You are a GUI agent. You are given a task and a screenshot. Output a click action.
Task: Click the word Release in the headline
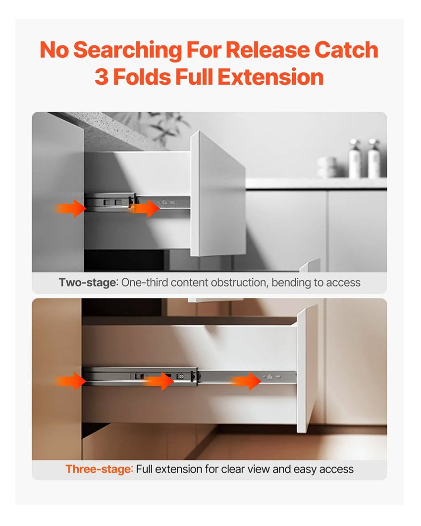tap(267, 49)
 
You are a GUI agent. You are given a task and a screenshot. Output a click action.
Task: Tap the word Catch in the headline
tap(346, 49)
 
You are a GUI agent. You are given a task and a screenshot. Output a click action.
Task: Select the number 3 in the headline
tap(102, 77)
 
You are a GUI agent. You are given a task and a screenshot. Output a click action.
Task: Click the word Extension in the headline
tap(270, 77)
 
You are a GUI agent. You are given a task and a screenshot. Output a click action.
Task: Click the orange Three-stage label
tap(99, 469)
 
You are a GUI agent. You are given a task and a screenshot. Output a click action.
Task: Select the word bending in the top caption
tap(291, 283)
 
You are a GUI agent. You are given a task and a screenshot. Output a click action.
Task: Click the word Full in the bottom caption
tap(144, 469)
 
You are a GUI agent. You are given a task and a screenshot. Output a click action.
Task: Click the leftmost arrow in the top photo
tap(71, 208)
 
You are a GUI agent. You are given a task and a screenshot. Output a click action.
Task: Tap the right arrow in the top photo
tap(145, 208)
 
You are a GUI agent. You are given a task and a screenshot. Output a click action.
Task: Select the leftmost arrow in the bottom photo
tap(71, 382)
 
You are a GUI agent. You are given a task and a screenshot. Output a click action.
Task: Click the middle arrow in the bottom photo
tap(159, 382)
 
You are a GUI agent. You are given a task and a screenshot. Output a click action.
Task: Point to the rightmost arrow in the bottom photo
tap(246, 382)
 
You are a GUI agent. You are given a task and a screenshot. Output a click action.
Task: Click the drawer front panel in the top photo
tap(217, 194)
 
